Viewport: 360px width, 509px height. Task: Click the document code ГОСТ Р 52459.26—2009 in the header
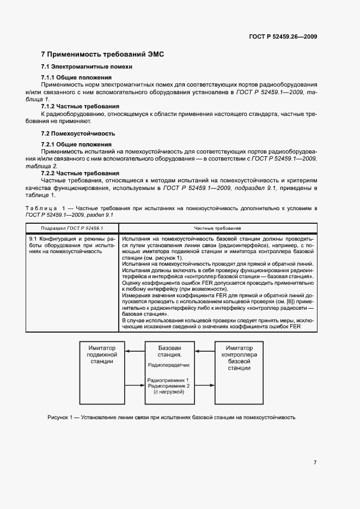[283, 36]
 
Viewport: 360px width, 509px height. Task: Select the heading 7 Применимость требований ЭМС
[102, 54]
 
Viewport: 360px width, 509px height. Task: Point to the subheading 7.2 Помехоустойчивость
[78, 133]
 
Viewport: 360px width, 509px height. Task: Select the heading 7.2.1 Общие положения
[76, 144]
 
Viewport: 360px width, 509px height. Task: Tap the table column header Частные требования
[216, 229]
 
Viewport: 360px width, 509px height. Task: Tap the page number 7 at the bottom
[315, 462]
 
